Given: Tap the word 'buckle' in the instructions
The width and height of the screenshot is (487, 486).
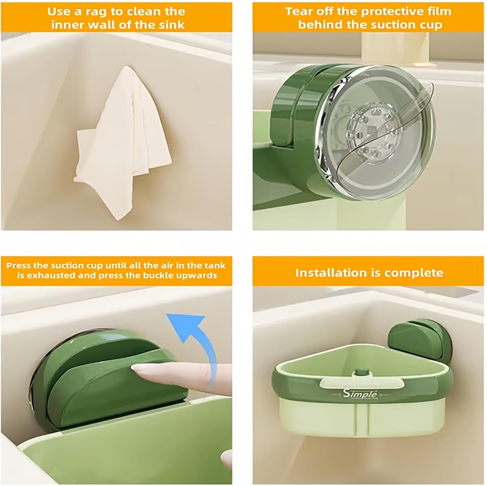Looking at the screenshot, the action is pyautogui.click(x=161, y=275).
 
